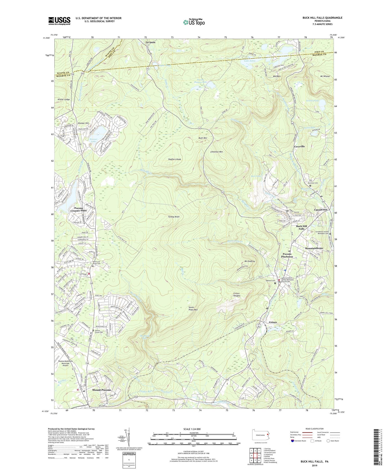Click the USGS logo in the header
pyautogui.click(x=59, y=21)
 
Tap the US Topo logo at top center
pyautogui.click(x=194, y=22)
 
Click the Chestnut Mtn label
pyautogui.click(x=217, y=152)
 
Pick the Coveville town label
pyautogui.click(x=299, y=147)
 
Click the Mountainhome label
pyautogui.click(x=314, y=248)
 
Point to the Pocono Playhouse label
pyautogui.click(x=287, y=255)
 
